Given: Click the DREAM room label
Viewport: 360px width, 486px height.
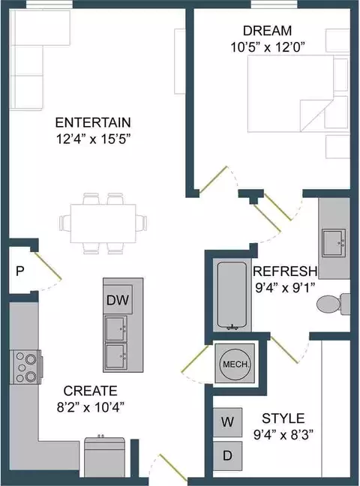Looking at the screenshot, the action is click(267, 31).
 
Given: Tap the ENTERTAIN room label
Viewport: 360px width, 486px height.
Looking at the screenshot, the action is click(93, 122).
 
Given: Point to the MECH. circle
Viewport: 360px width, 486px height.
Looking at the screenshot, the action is click(235, 364).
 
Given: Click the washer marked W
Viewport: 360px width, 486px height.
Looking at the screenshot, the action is click(227, 422).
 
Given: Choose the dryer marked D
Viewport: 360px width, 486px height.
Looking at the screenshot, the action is click(227, 456).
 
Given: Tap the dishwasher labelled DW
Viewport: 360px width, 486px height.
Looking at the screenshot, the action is click(118, 299).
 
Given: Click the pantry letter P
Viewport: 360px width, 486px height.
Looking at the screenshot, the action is click(19, 271).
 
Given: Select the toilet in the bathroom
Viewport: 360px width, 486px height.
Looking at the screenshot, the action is click(333, 304).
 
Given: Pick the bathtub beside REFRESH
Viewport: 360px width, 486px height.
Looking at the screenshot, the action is click(232, 295).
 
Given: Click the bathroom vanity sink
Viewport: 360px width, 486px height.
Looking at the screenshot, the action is click(334, 243).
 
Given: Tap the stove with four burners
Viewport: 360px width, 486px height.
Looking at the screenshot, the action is click(25, 367).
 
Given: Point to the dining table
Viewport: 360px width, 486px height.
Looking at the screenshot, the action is click(103, 223).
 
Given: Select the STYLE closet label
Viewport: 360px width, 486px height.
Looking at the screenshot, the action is click(283, 418).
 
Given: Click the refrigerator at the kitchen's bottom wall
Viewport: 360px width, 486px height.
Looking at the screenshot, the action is click(105, 457).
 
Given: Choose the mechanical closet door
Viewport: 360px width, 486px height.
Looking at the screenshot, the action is click(195, 358).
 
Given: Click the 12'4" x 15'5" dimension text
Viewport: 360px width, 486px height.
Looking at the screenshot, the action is click(92, 139).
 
